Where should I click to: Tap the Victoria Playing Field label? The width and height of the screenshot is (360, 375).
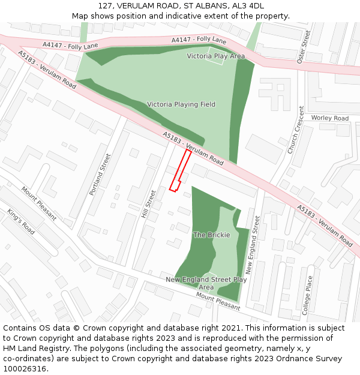pyautogui.click(x=181, y=104)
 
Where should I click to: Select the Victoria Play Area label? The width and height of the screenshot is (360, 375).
pyautogui.click(x=215, y=56)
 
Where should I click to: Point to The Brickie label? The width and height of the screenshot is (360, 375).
pyautogui.click(x=211, y=235)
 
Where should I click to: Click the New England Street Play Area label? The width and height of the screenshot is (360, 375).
pyautogui.click(x=206, y=283)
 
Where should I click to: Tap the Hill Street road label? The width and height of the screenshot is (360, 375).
pyautogui.click(x=148, y=204)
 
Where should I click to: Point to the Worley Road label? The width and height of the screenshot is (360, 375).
pyautogui.click(x=329, y=118)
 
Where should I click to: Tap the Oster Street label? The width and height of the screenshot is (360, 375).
pyautogui.click(x=304, y=47)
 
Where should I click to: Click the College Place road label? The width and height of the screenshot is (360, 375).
pyautogui.click(x=307, y=295)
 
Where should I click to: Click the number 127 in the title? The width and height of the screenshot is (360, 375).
pyautogui.click(x=105, y=5)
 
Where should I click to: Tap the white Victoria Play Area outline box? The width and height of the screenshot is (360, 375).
pyautogui.click(x=215, y=56)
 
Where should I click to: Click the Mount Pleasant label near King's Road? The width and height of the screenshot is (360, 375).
pyautogui.click(x=39, y=203)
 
